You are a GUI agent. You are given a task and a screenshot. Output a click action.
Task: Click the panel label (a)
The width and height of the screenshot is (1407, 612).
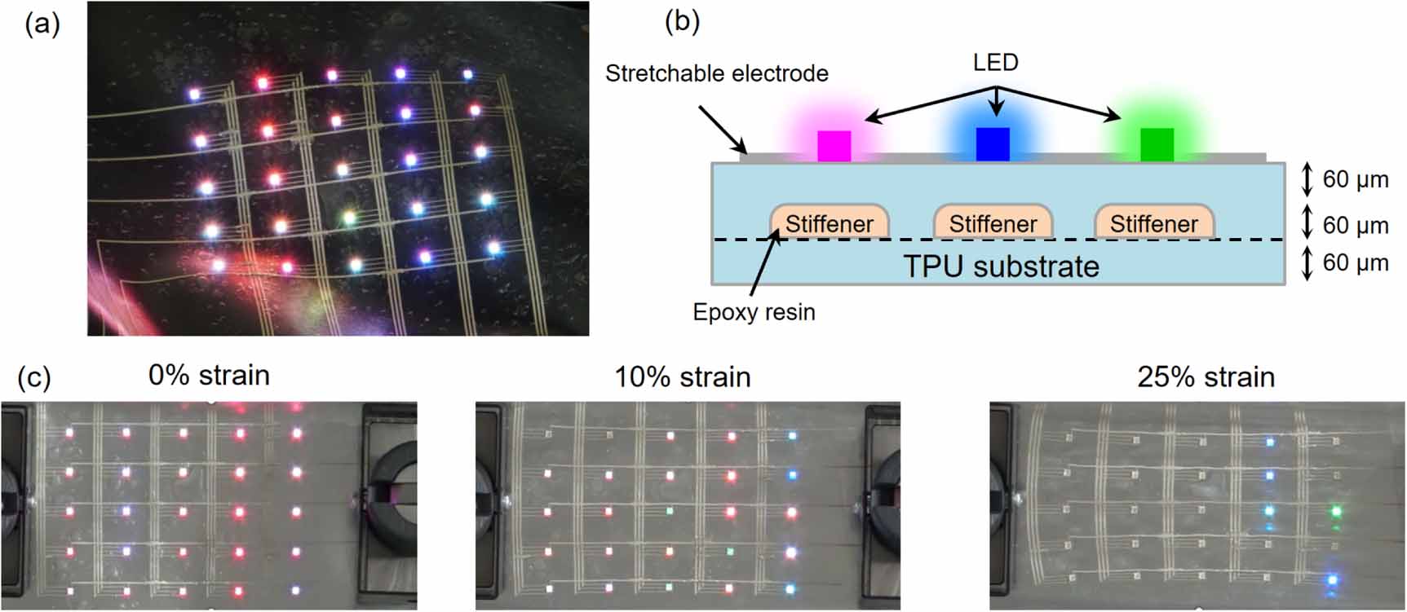42,25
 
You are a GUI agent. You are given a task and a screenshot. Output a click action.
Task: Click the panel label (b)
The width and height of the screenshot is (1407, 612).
682,22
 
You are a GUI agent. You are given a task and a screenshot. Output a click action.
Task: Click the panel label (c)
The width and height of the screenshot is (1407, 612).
34,377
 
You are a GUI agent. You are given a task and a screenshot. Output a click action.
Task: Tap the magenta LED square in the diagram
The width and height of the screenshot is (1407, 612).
834,146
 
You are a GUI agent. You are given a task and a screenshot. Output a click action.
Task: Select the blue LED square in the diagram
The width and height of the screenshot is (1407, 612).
993,144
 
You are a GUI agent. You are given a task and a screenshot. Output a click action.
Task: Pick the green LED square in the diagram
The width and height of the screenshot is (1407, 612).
1157,144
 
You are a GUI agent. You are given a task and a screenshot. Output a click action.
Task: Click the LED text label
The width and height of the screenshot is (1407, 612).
995,63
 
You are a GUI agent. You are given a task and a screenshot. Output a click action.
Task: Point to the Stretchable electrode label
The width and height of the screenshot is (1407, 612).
716,74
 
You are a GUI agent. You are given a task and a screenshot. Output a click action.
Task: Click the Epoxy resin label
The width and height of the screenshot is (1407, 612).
754,312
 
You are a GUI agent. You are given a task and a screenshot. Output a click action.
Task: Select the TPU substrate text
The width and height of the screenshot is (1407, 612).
1001,266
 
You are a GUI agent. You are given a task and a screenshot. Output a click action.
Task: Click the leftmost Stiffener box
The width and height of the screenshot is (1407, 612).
829,222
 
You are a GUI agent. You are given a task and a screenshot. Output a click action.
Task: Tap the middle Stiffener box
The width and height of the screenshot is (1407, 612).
993,222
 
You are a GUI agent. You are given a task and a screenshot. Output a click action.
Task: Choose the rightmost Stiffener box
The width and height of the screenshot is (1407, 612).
1154,222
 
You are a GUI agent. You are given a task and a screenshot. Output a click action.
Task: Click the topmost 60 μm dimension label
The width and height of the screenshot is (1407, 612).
1355,179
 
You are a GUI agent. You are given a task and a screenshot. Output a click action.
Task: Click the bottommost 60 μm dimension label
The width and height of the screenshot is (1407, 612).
1355,262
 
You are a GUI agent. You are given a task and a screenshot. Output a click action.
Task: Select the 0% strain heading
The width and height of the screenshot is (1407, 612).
209,376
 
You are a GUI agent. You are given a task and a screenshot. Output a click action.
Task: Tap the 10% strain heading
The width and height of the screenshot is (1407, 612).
682,377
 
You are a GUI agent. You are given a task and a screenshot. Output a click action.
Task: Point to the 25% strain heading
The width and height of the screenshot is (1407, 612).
1206,377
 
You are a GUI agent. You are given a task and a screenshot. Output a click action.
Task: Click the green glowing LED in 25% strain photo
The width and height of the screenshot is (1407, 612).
1336,512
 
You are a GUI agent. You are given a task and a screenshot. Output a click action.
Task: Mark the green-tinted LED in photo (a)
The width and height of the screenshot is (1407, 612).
349,218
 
